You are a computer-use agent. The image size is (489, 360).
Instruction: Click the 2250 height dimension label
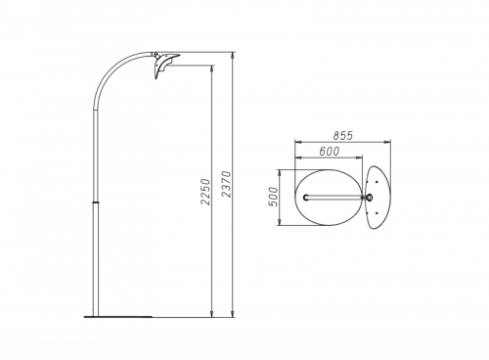pos(205,192)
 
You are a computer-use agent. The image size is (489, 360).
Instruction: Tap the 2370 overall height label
pos(226,184)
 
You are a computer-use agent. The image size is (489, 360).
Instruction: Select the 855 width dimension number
pos(343,136)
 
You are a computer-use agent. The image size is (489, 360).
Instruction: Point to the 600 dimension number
pos(329,152)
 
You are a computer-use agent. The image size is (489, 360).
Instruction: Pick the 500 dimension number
pos(274,197)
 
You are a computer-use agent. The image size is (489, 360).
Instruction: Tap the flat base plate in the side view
pos(118,316)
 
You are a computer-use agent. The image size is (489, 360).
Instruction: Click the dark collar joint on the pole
pos(95,202)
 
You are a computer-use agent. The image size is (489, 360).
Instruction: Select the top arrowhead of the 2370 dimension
pos(233,55)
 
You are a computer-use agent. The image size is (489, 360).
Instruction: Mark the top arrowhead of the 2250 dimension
pos(212,68)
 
